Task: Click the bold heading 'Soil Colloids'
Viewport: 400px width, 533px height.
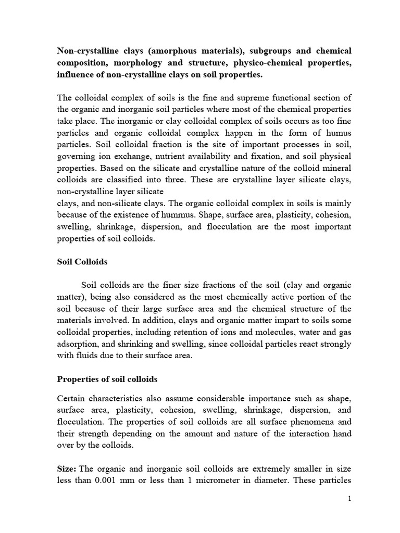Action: click(x=82, y=262)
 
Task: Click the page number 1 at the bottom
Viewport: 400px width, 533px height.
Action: click(x=350, y=498)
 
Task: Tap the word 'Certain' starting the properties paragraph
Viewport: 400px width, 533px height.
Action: click(x=72, y=398)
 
